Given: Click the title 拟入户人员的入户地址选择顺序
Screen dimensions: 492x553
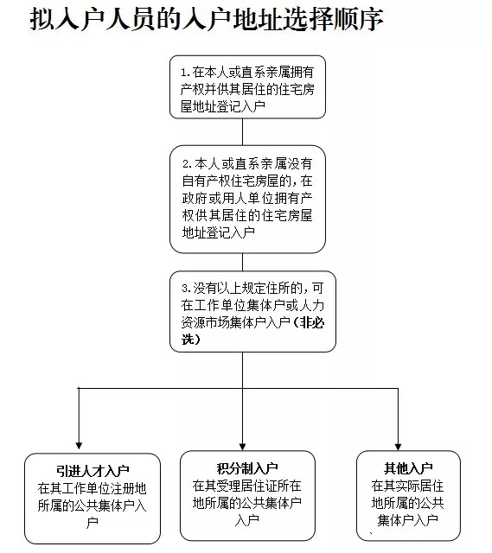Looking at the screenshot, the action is [207, 19].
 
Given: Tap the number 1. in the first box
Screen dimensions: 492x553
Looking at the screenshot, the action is [186, 73].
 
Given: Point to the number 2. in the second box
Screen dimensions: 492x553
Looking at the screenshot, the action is [188, 164].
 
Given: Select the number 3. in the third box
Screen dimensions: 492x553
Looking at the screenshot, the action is [187, 289].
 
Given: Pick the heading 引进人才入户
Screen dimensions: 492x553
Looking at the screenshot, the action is [93, 470].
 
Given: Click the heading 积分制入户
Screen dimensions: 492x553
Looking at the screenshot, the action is [247, 468].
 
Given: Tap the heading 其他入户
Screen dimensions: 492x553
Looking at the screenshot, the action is [408, 468].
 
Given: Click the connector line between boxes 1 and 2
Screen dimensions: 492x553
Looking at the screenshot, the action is [242, 131].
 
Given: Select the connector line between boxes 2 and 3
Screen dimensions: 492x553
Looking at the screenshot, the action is [242, 262].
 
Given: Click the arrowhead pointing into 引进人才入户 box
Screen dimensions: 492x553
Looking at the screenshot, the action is [79, 446].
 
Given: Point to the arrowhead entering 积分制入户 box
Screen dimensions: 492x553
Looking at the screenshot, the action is [242, 447].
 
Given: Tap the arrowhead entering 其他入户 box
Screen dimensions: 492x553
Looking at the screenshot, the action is [398, 447].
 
